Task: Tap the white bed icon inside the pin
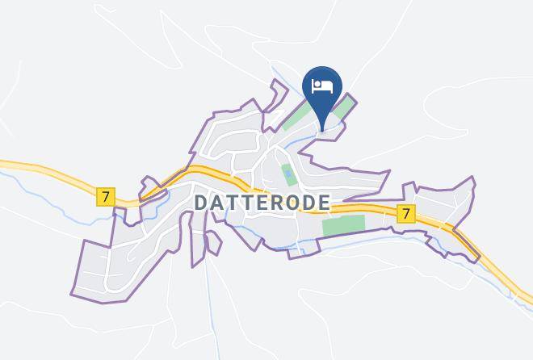point(322,86)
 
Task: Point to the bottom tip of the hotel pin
point(322,129)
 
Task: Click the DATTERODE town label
point(262,203)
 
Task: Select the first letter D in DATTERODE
point(201,203)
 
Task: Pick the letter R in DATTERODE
point(279,203)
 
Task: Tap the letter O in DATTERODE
point(294,203)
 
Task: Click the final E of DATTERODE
point(324,203)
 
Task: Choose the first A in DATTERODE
point(216,203)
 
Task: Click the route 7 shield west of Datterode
point(105,196)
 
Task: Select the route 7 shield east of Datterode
point(405,214)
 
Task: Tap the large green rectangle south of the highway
point(344,225)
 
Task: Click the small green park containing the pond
point(287,175)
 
